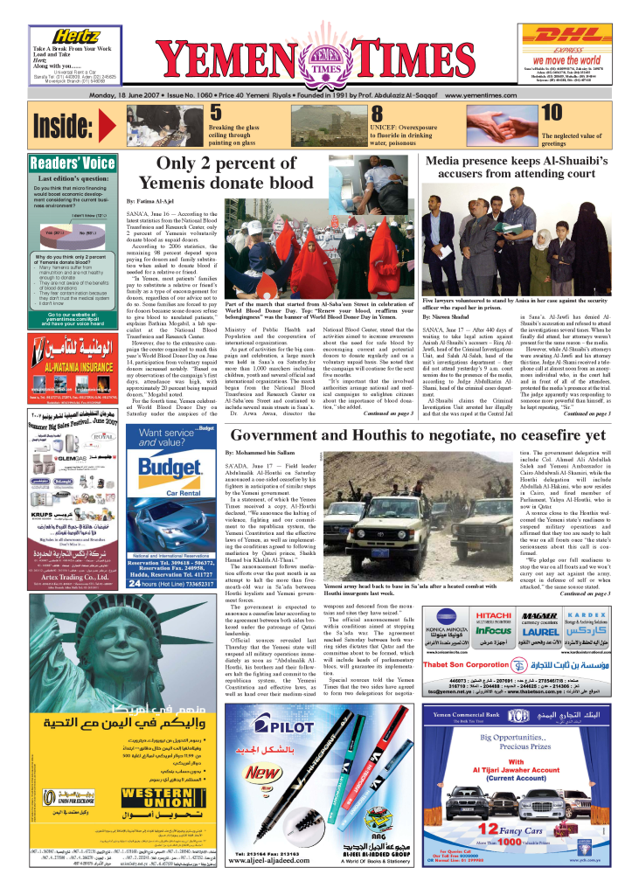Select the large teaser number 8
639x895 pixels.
(377, 114)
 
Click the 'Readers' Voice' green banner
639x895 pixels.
(73, 163)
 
